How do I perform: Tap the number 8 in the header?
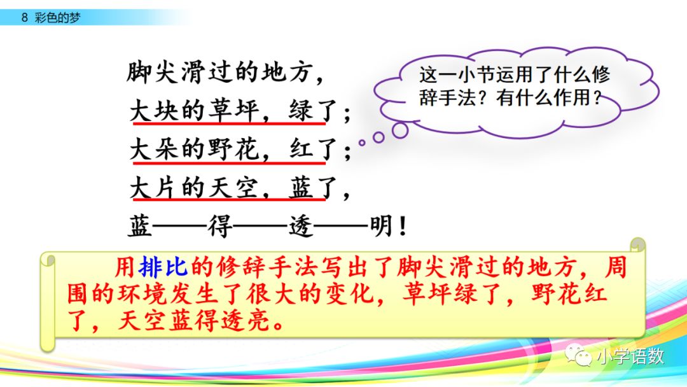coord(24,17)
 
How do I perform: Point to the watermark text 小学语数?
coord(630,356)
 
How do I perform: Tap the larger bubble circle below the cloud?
coord(399,130)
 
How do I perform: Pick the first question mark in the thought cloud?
coord(489,100)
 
